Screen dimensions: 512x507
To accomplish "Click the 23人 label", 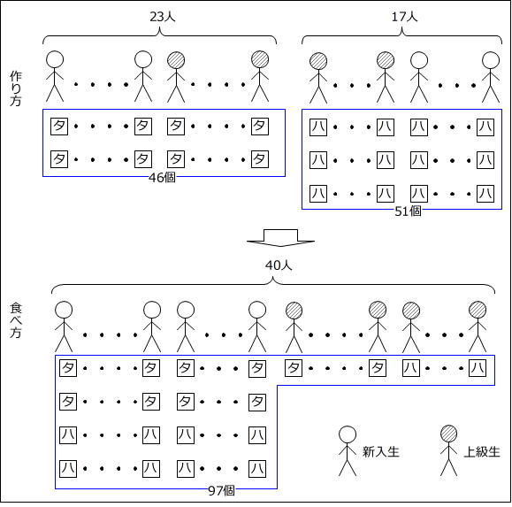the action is pyautogui.click(x=163, y=16).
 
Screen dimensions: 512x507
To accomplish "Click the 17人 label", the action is pyautogui.click(x=404, y=16).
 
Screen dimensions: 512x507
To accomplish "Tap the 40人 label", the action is pyautogui.click(x=279, y=265).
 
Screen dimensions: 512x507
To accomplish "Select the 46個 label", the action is pyautogui.click(x=162, y=177).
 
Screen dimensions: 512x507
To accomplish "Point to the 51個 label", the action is pyautogui.click(x=408, y=211).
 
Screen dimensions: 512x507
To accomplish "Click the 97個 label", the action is pyautogui.click(x=221, y=491).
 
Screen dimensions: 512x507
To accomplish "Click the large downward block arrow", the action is pyautogui.click(x=280, y=238).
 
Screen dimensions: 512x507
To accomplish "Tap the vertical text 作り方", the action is pyautogui.click(x=16, y=88).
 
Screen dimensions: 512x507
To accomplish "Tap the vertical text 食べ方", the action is pyautogui.click(x=16, y=320).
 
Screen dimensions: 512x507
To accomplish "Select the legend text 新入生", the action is pyautogui.click(x=381, y=451).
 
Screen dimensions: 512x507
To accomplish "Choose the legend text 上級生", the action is pyautogui.click(x=482, y=451).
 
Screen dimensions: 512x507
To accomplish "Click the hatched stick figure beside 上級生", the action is pyautogui.click(x=448, y=450).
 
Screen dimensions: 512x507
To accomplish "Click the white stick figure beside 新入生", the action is pyautogui.click(x=348, y=450).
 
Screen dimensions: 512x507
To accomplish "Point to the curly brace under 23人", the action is pyautogui.click(x=160, y=35).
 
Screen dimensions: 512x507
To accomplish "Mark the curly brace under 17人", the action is pyautogui.click(x=401, y=35).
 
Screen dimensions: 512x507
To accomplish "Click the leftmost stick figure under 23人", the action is pyautogui.click(x=55, y=76).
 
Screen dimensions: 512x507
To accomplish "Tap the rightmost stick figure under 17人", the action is pyautogui.click(x=491, y=77).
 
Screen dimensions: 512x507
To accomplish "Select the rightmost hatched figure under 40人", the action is pyautogui.click(x=478, y=326).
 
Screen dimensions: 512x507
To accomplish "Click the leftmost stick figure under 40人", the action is pyautogui.click(x=64, y=326).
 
